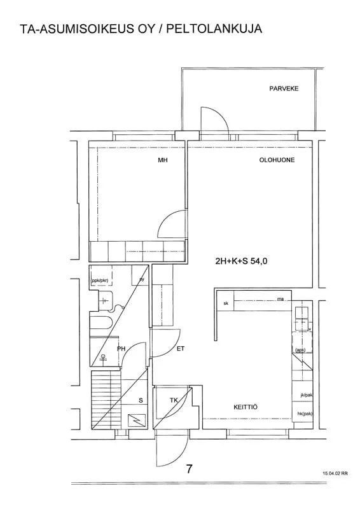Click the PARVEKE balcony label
click(x=284, y=88)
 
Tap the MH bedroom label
click(x=163, y=160)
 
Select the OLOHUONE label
click(x=277, y=160)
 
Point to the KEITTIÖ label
click(x=246, y=407)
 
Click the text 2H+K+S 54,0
click(x=241, y=261)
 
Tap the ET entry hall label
click(x=181, y=349)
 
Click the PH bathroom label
click(x=121, y=349)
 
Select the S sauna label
click(x=141, y=401)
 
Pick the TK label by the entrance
click(x=174, y=400)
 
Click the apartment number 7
click(x=190, y=469)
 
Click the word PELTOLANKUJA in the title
click(x=214, y=29)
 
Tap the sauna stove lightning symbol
click(x=135, y=421)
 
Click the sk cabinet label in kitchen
click(x=226, y=303)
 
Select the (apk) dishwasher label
click(x=300, y=350)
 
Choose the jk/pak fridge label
click(x=307, y=395)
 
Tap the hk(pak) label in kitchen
click(x=305, y=414)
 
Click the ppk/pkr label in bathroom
click(x=100, y=281)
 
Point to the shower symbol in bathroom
click(x=104, y=358)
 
